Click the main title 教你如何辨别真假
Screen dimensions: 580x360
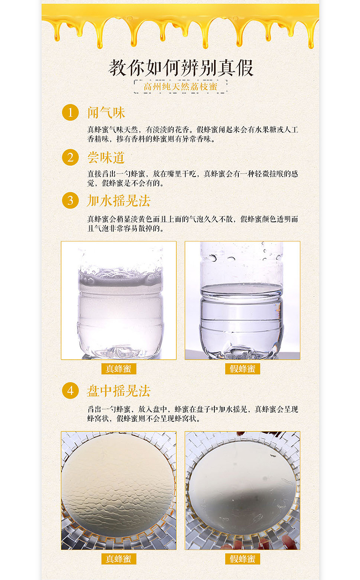181,68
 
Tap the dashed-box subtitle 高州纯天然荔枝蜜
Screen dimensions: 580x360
180,87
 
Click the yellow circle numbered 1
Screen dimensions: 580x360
70,112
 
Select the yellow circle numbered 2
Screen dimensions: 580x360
70,157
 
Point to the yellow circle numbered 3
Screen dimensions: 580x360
70,200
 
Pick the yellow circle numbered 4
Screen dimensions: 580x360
70,390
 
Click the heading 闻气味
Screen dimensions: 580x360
106,113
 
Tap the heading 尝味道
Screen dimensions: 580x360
106,157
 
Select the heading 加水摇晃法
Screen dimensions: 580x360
119,200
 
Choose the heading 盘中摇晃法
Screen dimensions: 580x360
119,391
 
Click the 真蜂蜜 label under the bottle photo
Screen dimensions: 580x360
119,369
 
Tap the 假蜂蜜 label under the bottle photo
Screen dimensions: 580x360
242,369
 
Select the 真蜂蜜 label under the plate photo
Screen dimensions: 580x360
119,558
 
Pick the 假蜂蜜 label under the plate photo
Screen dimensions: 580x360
242,558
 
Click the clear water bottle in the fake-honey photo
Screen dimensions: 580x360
242,304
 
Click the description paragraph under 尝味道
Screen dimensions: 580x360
192,178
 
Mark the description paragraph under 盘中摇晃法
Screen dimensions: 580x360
192,414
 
